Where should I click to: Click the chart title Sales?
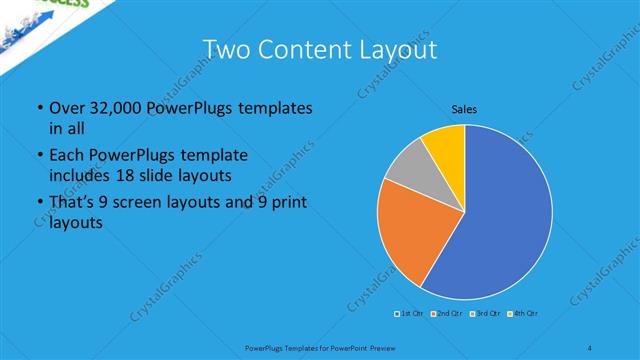pos(463,108)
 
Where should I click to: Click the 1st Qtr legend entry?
pos(408,315)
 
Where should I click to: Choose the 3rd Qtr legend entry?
pos(485,315)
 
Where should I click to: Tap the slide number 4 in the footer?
pos(590,347)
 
